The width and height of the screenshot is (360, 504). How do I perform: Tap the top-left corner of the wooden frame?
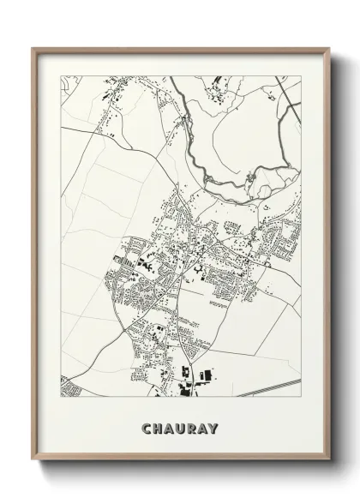pyautogui.click(x=33, y=48)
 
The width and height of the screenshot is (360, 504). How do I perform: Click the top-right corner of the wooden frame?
pyautogui.click(x=327, y=48)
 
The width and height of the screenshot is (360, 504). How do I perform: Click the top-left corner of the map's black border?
pyautogui.click(x=60, y=76)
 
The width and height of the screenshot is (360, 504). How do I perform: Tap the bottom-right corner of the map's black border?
pyautogui.click(x=301, y=399)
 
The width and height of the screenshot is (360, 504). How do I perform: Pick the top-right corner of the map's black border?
pyautogui.click(x=301, y=76)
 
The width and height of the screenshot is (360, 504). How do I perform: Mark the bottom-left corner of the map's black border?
pyautogui.click(x=60, y=399)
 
